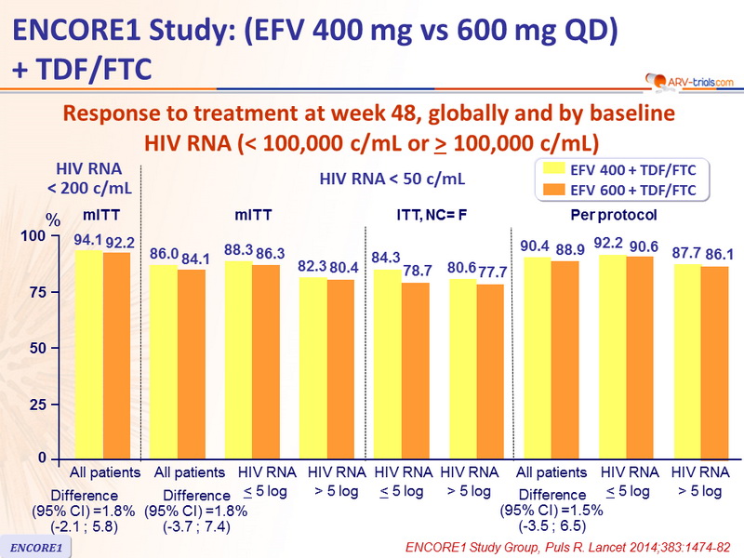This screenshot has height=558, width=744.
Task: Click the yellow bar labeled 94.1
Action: pos(88,354)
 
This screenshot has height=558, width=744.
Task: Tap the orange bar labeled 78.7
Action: pos(415,371)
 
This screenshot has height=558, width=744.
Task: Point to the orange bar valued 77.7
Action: pos(490,372)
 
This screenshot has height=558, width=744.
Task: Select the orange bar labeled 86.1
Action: pos(715,363)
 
